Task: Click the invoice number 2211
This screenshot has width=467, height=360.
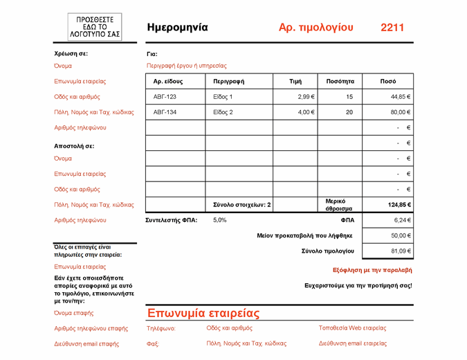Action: click(392, 28)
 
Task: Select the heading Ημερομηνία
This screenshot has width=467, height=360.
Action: click(177, 28)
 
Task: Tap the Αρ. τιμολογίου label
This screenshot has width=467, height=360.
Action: click(315, 28)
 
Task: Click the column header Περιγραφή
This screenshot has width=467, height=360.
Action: click(228, 81)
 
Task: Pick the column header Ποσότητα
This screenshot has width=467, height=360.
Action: click(340, 81)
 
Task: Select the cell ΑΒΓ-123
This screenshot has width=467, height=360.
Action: click(165, 97)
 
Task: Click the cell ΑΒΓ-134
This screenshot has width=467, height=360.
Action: click(165, 112)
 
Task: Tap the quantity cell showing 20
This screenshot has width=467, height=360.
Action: click(349, 112)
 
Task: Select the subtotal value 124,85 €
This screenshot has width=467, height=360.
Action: click(397, 205)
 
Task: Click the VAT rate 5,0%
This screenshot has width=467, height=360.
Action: click(219, 220)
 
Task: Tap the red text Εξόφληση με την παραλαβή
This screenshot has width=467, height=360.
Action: click(372, 270)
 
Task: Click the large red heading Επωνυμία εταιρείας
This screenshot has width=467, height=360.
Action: click(203, 313)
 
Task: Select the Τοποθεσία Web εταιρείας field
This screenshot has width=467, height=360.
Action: click(352, 328)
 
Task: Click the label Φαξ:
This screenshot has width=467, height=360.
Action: click(154, 343)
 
